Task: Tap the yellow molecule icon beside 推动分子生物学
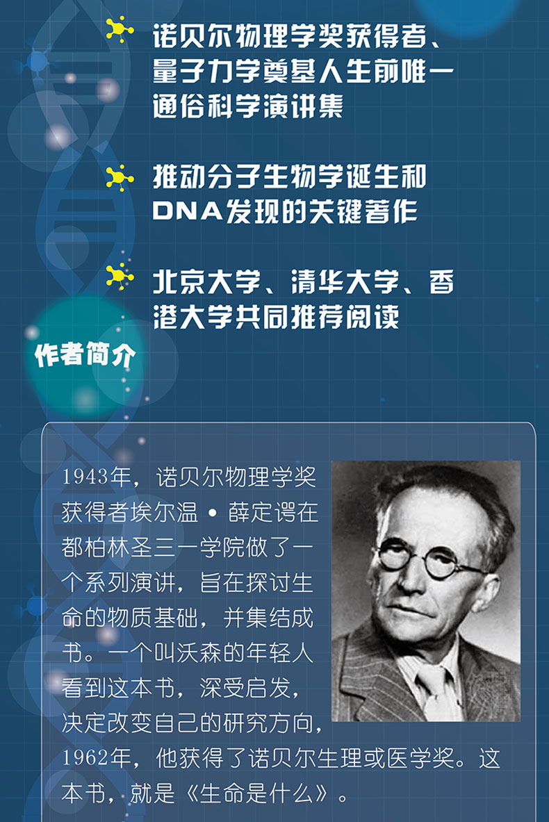pos(119,178)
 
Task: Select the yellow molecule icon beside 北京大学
pos(119,277)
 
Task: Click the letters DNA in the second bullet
pos(187,211)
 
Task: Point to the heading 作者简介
pos(85,355)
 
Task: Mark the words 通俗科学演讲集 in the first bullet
pos(248,106)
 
